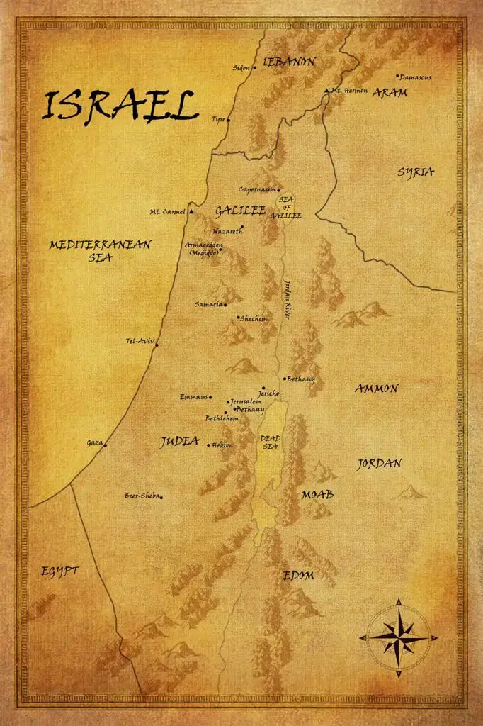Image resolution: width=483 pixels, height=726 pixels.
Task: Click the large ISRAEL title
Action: (x=119, y=106)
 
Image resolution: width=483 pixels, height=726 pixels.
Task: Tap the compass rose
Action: (x=398, y=637)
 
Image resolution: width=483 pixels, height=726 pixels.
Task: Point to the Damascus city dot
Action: (x=398, y=76)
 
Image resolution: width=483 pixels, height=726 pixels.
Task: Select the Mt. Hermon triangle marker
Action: (x=326, y=91)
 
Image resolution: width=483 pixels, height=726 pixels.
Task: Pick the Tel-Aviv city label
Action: (x=139, y=340)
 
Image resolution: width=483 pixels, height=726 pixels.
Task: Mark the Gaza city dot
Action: (x=105, y=445)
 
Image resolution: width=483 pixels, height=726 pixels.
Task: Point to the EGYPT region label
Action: (x=59, y=571)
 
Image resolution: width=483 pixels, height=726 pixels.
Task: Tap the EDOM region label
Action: (x=298, y=575)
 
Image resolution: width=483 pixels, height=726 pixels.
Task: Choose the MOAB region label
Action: (x=317, y=493)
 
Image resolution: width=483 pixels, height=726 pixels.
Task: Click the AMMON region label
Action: (x=376, y=389)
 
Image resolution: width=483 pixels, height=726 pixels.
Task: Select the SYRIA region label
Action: (x=415, y=172)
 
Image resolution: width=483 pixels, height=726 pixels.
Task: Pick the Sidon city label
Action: (x=241, y=68)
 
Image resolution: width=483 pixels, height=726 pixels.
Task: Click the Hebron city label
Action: (x=222, y=445)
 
